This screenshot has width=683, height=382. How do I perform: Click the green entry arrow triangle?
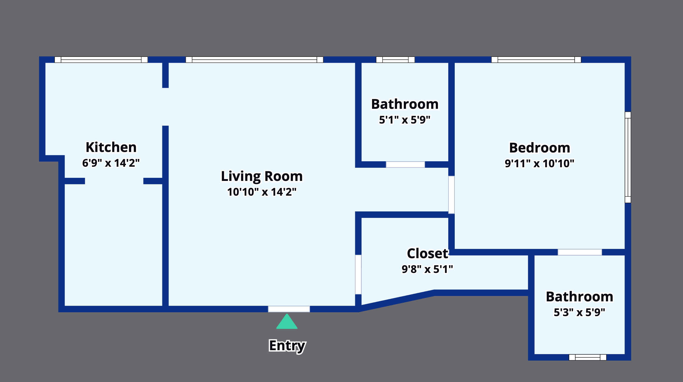287,322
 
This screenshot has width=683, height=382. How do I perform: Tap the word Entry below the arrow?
287,346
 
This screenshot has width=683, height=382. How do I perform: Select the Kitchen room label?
111,147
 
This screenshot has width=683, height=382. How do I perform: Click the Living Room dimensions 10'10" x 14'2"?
262,192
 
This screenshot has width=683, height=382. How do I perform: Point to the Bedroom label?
540,148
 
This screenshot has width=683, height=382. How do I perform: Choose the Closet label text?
427,254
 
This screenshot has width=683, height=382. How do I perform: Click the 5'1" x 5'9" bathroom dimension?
405,120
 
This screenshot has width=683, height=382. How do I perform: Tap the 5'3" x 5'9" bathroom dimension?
579,312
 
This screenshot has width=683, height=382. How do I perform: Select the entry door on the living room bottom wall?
289,309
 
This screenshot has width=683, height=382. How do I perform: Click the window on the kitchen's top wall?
101,60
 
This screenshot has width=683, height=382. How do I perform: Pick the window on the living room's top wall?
255,60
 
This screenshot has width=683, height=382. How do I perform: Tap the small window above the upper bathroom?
395,60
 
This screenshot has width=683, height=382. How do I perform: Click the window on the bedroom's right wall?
628,157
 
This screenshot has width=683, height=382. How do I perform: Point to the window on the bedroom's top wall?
536,60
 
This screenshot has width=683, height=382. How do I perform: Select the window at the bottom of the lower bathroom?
588,357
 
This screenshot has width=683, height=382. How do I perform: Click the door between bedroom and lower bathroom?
580,252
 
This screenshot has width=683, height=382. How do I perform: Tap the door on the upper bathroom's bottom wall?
405,164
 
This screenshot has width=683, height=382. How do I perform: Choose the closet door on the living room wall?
358,274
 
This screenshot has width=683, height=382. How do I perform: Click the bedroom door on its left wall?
452,195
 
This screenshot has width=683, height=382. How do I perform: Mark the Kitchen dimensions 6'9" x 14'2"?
111,163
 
